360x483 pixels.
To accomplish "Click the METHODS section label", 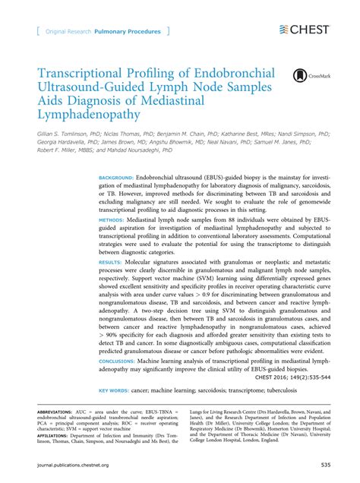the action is (112, 219).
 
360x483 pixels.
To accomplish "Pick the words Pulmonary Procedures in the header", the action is (128, 32).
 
